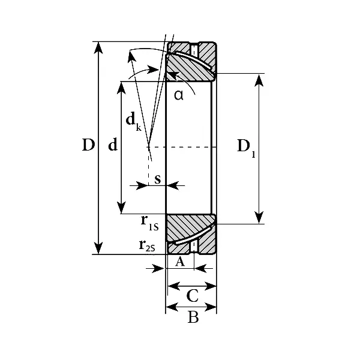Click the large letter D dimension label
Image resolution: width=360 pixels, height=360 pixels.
[x=88, y=145]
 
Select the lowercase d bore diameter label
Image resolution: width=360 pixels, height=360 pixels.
[x=113, y=145]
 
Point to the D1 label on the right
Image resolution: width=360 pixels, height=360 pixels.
[x=246, y=148]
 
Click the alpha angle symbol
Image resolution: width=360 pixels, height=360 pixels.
[x=179, y=95]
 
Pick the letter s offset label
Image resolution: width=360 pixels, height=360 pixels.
[x=157, y=179]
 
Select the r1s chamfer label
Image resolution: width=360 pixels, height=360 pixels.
[x=149, y=223]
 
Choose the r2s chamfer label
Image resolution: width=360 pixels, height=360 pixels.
[x=147, y=245]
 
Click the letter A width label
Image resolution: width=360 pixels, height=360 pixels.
[x=180, y=261]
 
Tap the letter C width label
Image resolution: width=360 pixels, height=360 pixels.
[x=193, y=296]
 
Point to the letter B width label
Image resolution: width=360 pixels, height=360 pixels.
[x=193, y=317]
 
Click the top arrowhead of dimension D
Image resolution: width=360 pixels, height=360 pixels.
[x=98, y=47]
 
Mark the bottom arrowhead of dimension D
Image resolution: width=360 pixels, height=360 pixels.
[x=98, y=248]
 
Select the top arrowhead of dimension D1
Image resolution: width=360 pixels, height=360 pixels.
[x=259, y=80]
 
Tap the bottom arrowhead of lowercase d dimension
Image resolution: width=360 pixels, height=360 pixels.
[x=121, y=208]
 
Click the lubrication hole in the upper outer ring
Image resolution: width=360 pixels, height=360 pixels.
[x=194, y=50]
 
